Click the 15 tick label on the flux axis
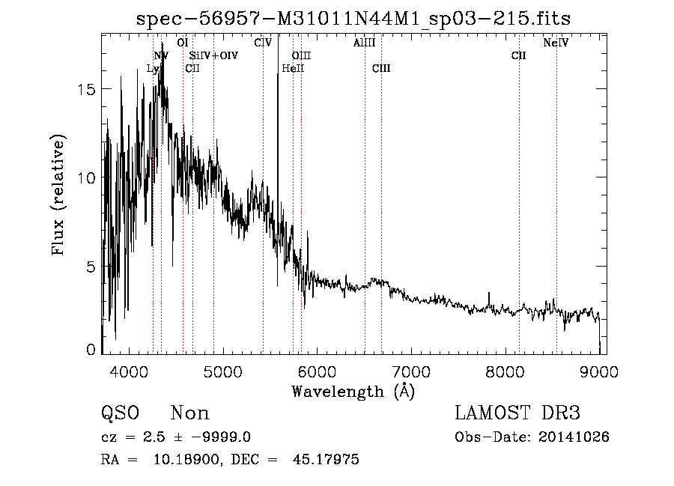pos(88,89)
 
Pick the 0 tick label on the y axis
pos(92,350)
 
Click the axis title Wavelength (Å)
pos(353,391)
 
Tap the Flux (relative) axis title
pos(59,195)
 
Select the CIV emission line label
pos(263,43)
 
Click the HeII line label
pos(293,69)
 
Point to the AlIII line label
pos(364,43)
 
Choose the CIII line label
pos(381,69)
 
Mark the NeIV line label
pos(556,43)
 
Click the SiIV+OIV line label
pos(213,55)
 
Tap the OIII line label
pos(301,55)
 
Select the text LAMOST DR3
pos(517,413)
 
